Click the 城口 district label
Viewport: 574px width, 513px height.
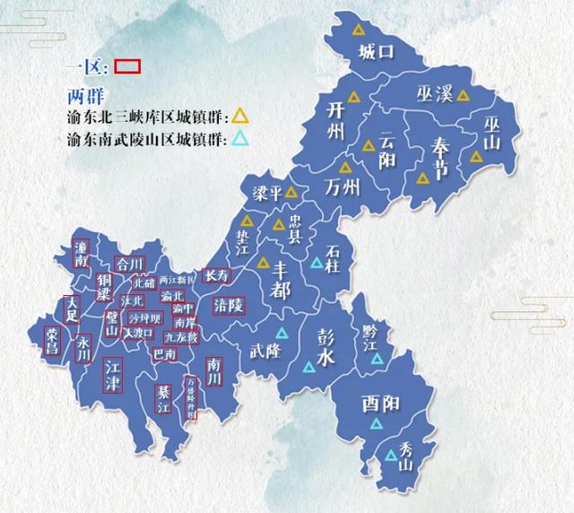point(375,51)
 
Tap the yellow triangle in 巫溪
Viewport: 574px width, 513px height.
point(463,94)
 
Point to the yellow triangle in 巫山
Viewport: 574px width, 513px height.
point(476,156)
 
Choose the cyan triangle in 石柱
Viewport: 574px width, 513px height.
point(316,263)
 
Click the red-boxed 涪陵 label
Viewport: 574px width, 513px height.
point(229,305)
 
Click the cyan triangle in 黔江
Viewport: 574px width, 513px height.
point(378,358)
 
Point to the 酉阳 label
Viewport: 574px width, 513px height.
point(380,404)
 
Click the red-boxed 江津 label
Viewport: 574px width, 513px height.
point(111,374)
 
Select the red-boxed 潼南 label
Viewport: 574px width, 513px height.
point(83,253)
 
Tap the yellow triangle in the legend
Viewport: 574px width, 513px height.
point(240,116)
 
